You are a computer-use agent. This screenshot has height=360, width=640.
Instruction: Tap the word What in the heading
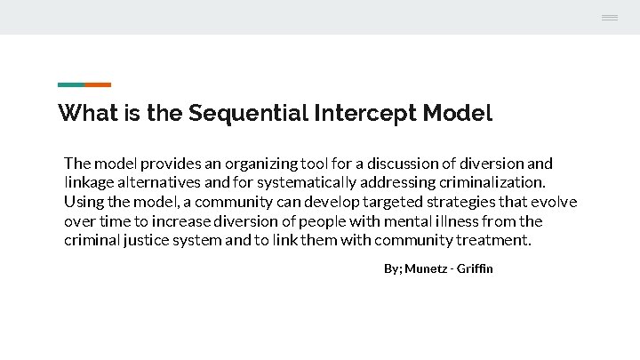[83, 114]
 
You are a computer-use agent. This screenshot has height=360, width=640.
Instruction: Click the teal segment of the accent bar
[71, 84]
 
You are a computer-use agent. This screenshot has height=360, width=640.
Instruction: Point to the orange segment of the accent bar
[98, 84]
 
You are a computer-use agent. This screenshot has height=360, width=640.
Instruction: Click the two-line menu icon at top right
[610, 18]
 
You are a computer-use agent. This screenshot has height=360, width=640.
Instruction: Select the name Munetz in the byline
[428, 268]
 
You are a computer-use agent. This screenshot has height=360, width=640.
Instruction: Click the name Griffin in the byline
[475, 268]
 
